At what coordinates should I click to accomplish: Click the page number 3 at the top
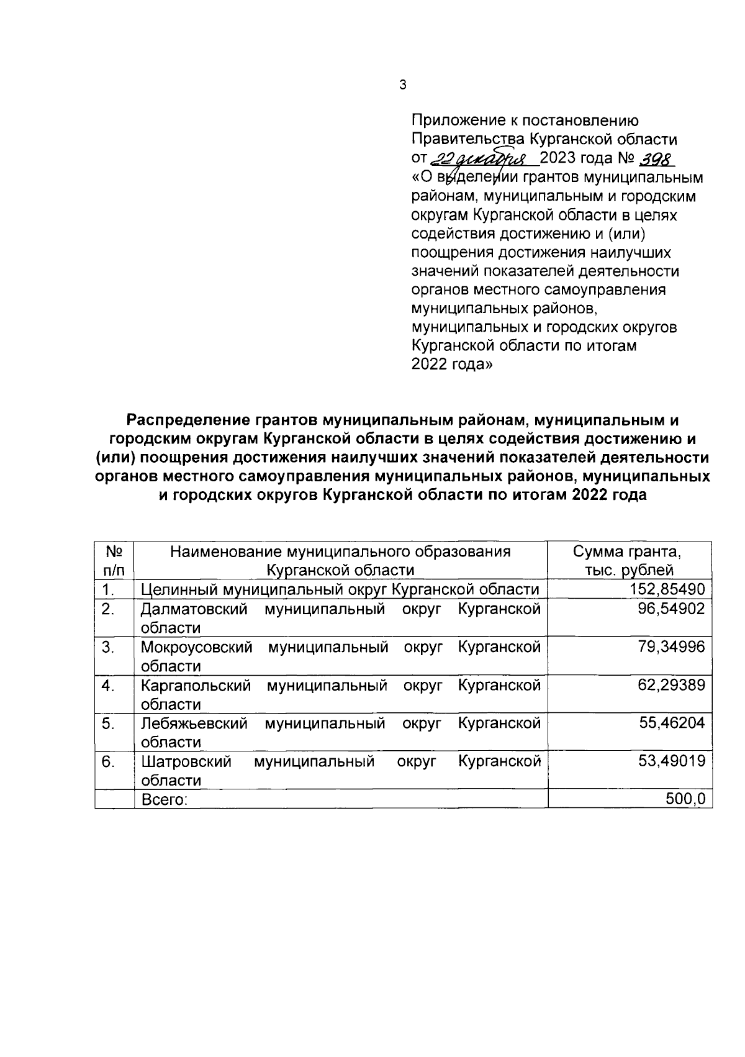coord(403,85)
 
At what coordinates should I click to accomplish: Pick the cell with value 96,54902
coord(671,609)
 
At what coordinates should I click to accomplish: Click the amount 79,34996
coord(671,647)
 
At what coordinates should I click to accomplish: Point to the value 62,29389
coord(671,685)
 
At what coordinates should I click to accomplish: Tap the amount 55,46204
coord(672,723)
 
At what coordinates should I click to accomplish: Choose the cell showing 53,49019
coord(672,761)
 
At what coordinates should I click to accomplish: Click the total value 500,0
coord(685,800)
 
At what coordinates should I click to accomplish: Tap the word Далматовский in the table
coord(194,609)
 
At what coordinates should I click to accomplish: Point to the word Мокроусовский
coord(196,647)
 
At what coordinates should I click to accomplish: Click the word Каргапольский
coord(196,685)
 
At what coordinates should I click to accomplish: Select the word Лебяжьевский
coord(194,723)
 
